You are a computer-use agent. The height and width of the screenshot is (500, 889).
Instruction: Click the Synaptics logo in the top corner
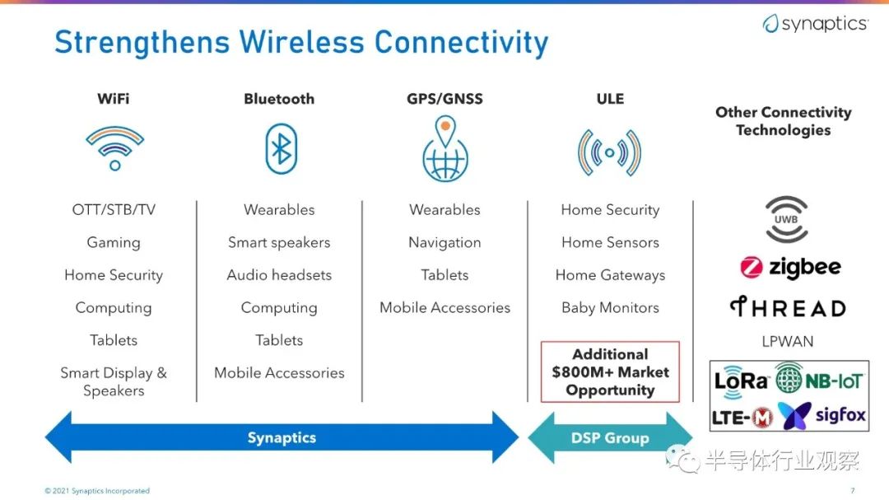point(815,23)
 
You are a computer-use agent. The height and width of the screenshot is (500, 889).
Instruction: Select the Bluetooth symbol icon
point(282,149)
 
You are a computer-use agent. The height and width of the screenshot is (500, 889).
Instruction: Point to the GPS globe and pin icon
point(445,148)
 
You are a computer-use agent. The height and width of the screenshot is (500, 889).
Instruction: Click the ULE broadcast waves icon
point(609,152)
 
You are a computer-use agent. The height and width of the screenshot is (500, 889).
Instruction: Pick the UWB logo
point(786,220)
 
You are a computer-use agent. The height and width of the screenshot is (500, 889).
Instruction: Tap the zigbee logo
point(790,267)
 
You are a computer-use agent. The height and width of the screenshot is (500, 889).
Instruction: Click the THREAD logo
point(788,307)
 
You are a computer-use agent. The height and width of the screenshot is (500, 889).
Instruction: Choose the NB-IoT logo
point(819,379)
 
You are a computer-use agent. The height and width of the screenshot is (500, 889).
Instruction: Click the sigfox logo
point(822,416)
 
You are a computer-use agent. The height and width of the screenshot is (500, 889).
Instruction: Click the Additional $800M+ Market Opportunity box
point(610,371)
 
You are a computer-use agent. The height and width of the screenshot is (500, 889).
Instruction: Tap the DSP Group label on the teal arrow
point(610,438)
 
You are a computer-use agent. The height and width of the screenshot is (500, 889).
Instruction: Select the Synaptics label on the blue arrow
point(282,437)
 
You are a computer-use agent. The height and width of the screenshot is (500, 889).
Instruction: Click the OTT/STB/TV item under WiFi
point(114,209)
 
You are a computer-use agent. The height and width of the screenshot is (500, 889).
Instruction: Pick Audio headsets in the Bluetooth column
point(279,274)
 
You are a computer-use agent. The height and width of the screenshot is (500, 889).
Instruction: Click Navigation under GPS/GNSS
point(444,242)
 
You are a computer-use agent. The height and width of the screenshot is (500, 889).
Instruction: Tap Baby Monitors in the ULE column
point(610,307)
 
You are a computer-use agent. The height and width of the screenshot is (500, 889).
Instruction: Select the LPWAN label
point(788,341)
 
